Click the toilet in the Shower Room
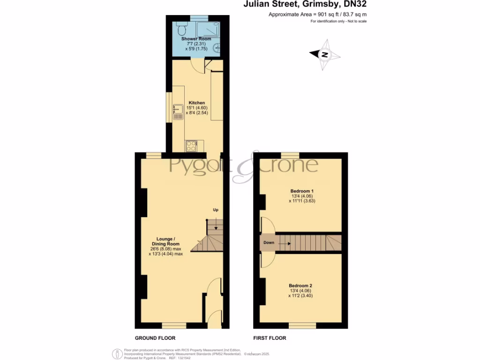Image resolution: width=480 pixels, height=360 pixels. pyautogui.click(x=181, y=30)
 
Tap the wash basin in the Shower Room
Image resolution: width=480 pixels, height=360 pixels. pyautogui.click(x=217, y=47)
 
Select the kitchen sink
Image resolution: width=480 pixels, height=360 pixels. pyautogui.click(x=178, y=112)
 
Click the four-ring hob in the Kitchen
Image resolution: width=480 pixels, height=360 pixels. pyautogui.click(x=191, y=146)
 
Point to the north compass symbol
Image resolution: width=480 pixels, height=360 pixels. pyautogui.click(x=324, y=55)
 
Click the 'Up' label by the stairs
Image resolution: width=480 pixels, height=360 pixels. pyautogui.click(x=216, y=210)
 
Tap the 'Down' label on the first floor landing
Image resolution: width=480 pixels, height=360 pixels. pyautogui.click(x=269, y=243)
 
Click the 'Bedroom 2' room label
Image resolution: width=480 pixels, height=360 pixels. pyautogui.click(x=300, y=285)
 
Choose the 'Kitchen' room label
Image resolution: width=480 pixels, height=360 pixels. pyautogui.click(x=197, y=103)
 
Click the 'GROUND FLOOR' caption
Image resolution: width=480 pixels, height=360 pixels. pyautogui.click(x=155, y=338)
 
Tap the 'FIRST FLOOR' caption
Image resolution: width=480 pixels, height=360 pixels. pyautogui.click(x=270, y=338)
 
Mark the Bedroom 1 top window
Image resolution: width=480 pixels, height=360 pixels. pyautogui.click(x=290, y=155)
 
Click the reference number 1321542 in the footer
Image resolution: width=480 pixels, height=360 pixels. pyautogui.click(x=185, y=358)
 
